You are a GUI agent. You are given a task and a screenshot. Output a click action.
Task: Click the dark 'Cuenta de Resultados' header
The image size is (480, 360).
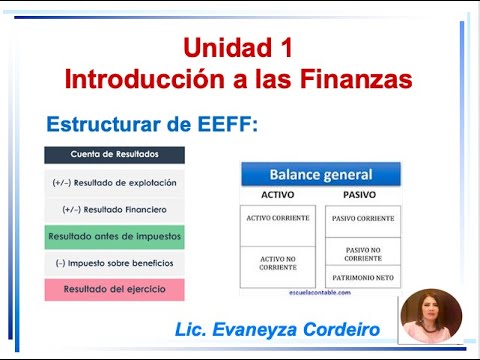114,155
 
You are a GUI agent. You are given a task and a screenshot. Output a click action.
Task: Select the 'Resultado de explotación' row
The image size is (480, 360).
114,183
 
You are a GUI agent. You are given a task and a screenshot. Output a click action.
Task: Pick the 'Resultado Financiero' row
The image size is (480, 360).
114,210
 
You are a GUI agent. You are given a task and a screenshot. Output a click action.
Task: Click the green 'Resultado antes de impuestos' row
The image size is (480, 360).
114,237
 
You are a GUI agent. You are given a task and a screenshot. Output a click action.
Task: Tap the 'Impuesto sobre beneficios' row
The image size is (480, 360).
114,263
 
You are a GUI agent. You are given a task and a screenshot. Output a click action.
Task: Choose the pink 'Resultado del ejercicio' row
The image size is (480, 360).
114,289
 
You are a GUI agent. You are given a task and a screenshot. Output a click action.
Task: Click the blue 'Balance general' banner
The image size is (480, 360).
320,175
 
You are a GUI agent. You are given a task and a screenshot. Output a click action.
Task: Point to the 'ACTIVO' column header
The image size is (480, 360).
277,194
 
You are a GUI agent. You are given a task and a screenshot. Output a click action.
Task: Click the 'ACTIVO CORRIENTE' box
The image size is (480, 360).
277,218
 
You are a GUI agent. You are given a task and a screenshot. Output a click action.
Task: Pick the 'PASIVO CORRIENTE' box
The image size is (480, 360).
362,218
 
